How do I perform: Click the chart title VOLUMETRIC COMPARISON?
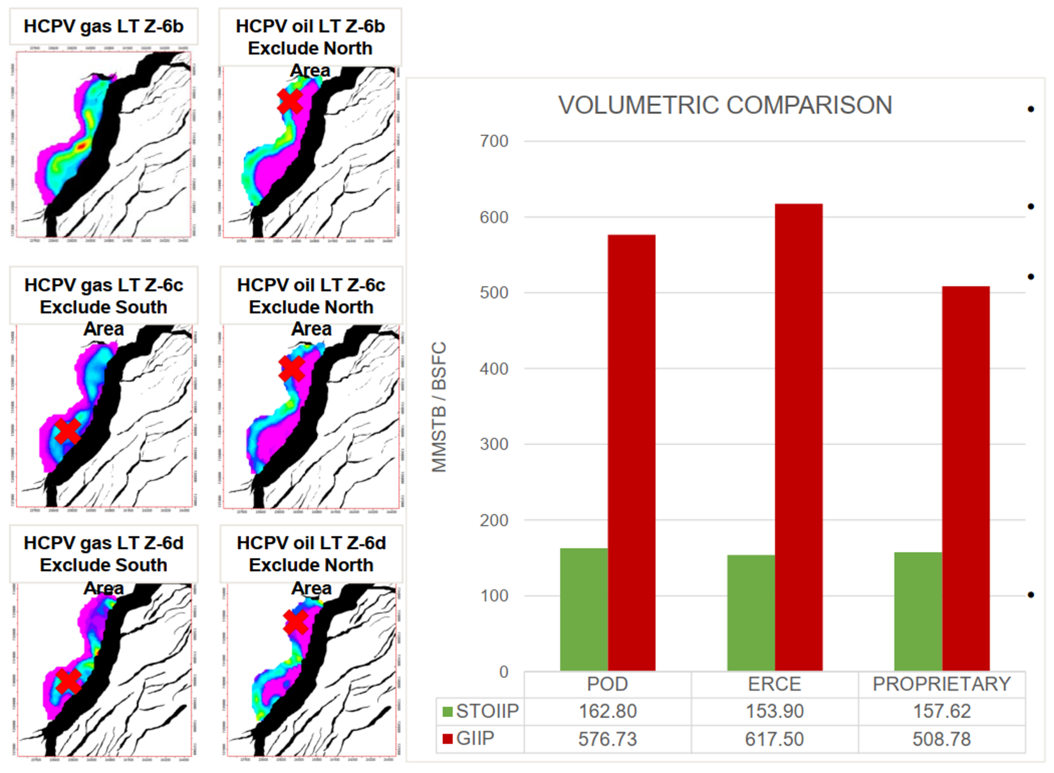click(725, 105)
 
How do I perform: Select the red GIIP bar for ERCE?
click(799, 437)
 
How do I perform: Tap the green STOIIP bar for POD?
click(583, 609)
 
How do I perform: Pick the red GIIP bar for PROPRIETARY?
click(965, 478)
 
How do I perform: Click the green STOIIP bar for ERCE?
click(751, 612)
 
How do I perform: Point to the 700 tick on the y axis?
click(494, 141)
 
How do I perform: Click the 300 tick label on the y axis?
click(494, 444)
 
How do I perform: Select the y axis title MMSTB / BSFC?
click(439, 407)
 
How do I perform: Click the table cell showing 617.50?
click(774, 739)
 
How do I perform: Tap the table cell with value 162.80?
click(608, 711)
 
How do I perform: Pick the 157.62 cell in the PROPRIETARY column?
click(942, 711)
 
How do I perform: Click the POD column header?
click(608, 684)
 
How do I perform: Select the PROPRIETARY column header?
click(942, 684)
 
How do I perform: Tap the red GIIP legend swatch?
click(447, 739)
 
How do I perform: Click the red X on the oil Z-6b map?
click(290, 101)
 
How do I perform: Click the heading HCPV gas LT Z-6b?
click(103, 26)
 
